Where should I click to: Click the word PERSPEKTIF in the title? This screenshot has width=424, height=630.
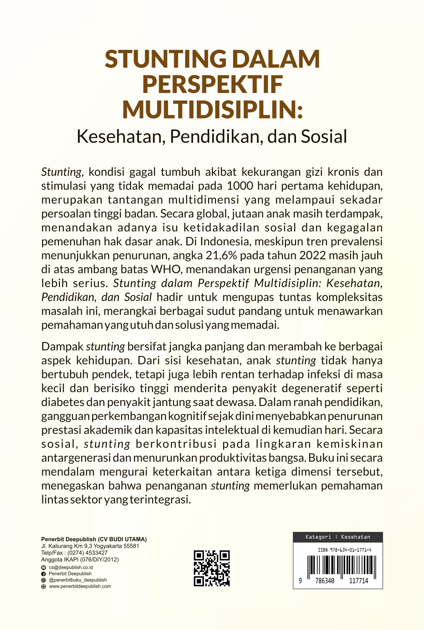212,85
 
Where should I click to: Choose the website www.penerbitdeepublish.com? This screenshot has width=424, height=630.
80,586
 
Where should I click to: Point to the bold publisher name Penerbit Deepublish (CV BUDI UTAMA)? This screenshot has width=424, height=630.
94,539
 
